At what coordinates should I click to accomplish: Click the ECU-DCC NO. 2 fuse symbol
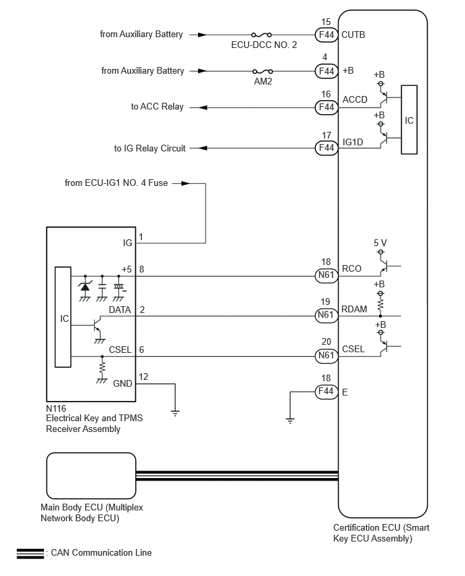click(x=261, y=34)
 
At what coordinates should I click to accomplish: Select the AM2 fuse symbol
click(x=262, y=71)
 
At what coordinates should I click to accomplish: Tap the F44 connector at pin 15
click(x=326, y=34)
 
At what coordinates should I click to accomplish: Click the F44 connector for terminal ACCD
click(x=326, y=107)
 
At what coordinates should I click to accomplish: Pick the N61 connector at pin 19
click(x=326, y=315)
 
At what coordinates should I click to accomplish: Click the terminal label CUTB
click(x=354, y=34)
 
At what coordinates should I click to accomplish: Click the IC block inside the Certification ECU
click(x=409, y=120)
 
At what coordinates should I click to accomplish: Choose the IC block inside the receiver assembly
click(x=63, y=317)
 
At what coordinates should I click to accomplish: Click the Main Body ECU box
click(x=91, y=476)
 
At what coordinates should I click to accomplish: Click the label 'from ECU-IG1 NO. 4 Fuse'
click(x=116, y=183)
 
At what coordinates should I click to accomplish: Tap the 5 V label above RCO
click(x=381, y=242)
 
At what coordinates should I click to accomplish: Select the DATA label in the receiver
click(x=120, y=310)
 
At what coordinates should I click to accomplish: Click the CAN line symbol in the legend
click(x=30, y=553)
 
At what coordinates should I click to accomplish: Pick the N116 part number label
click(x=57, y=408)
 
